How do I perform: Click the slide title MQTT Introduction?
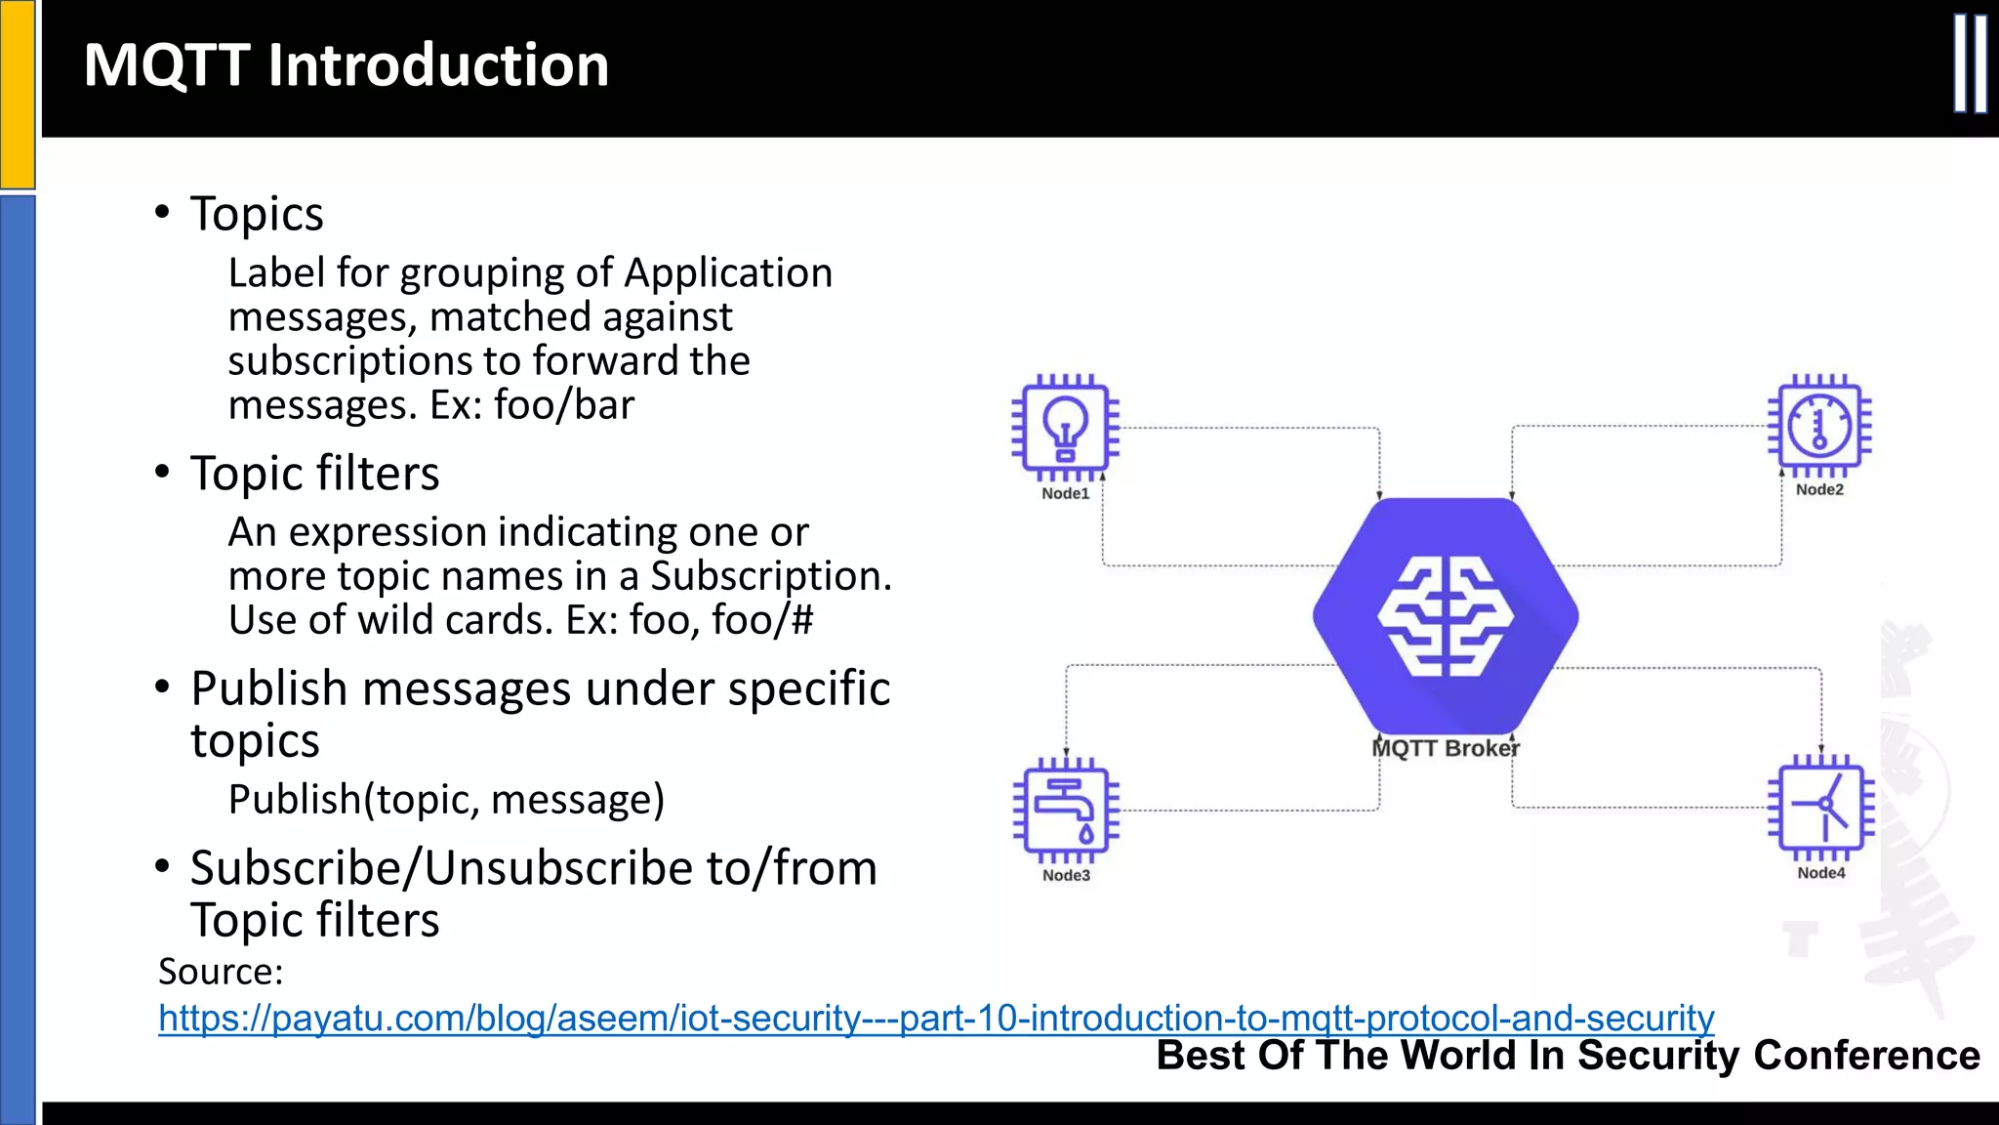point(346,65)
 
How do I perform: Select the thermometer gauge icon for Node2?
point(1819,426)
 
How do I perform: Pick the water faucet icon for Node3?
point(1065,810)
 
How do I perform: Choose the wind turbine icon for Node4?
point(1821,808)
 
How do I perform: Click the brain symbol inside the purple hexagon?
point(1445,616)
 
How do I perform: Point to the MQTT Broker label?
point(1446,748)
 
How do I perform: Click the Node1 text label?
point(1065,494)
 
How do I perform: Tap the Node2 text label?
point(1819,490)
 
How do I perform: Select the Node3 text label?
point(1066,876)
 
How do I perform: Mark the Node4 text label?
point(1821,873)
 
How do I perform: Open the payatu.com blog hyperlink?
point(935,1019)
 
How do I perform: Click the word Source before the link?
point(220,972)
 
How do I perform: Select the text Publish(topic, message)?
point(446,800)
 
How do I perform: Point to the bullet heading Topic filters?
point(314,474)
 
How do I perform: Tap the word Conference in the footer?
point(1866,1056)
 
